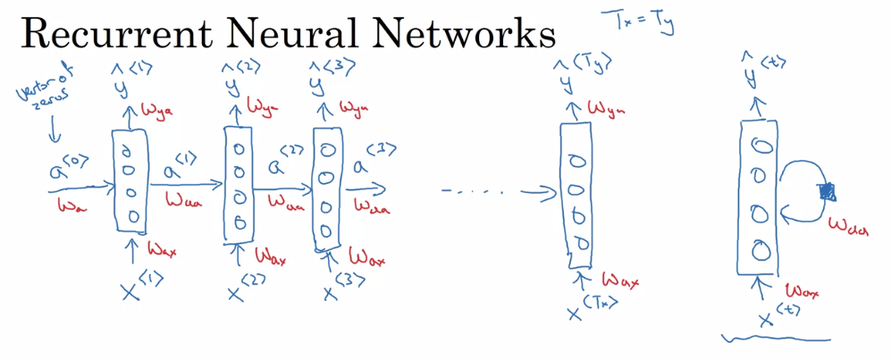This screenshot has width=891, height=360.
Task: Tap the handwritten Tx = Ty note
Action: pyautogui.click(x=641, y=22)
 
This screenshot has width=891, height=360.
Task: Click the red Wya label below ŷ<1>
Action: pyautogui.click(x=155, y=112)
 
